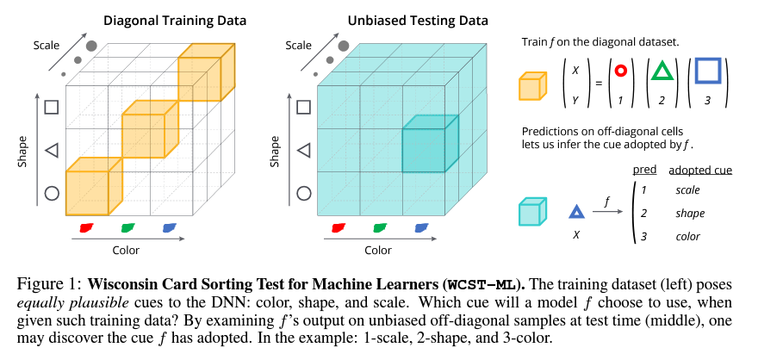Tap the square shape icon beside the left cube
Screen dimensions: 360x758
click(52, 107)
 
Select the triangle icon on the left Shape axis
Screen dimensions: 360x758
click(52, 151)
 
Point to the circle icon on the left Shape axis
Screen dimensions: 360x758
click(52, 194)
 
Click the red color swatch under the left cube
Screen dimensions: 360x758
click(86, 227)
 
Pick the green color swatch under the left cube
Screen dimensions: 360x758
click(127, 227)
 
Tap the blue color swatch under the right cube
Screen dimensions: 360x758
click(421, 227)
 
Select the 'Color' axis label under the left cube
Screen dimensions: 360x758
click(126, 251)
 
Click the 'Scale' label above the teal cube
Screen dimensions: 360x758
click(298, 45)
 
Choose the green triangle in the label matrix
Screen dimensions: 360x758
click(662, 69)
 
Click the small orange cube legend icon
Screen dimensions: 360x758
click(531, 86)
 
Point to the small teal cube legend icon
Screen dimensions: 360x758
click(531, 212)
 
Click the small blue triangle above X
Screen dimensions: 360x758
click(576, 210)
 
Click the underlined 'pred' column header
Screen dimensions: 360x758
click(643, 170)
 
